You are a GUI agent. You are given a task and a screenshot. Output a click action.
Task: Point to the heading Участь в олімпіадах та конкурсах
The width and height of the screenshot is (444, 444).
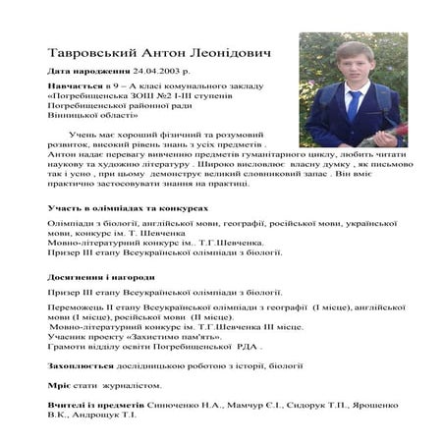[x=128, y=209]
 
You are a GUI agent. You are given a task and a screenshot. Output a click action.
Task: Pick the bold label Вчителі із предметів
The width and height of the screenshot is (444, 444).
[x=95, y=405]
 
